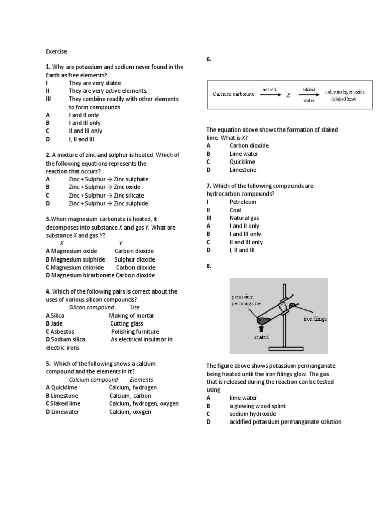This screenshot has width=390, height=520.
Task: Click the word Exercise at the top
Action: [56, 51]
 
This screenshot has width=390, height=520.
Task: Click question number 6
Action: [209, 60]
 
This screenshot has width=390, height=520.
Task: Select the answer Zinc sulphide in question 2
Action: [131, 203]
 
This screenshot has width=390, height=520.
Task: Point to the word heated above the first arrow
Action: [269, 89]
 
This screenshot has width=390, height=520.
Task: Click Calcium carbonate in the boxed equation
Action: [234, 95]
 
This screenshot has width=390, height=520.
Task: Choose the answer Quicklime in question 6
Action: [243, 162]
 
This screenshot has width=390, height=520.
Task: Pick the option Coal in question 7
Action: [235, 210]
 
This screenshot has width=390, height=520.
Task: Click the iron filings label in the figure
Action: [315, 319]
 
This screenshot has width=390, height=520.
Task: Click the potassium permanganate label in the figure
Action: [246, 300]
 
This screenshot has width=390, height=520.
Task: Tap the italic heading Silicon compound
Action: [91, 307]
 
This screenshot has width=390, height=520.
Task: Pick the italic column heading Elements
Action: [141, 380]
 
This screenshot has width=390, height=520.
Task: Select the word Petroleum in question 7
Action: [243, 202]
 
